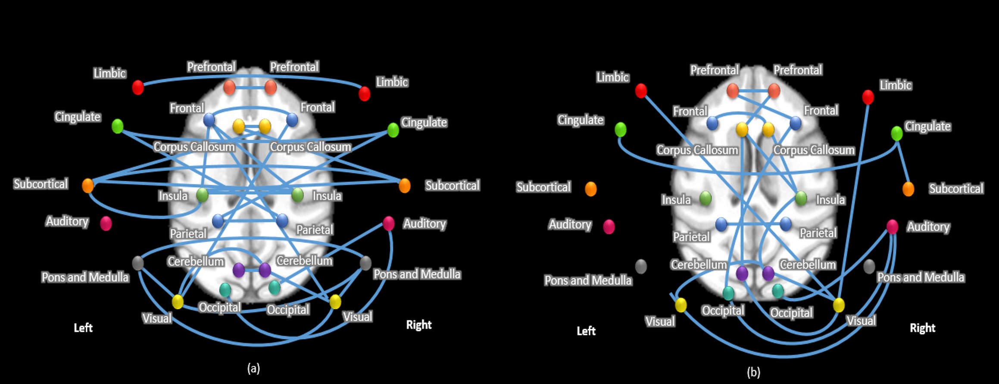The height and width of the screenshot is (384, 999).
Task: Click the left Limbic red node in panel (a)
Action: coord(138,87)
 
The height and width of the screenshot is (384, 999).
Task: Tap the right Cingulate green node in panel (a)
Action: coord(393,130)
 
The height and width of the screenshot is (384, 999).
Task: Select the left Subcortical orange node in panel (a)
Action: coord(88,186)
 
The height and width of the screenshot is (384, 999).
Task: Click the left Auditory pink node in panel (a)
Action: coord(106,223)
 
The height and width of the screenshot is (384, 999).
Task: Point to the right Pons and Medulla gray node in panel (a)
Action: coord(365,263)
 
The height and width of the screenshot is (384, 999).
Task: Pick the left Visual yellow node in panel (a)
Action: coord(178,302)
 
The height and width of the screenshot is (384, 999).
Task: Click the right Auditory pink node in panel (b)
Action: coord(892,227)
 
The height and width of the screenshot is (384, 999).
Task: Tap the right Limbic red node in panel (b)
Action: coord(868,97)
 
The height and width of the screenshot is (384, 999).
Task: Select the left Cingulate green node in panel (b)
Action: coord(620,129)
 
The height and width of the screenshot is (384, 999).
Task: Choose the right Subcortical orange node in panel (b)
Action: coord(908,189)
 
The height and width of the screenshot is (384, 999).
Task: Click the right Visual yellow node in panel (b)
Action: coord(839,305)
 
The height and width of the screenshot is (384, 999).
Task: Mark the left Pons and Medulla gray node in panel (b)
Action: coord(641,266)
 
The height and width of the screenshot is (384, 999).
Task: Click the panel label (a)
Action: coord(253,368)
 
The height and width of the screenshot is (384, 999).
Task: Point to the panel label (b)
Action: coord(753,371)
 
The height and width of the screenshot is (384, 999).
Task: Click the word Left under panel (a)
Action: coord(83,328)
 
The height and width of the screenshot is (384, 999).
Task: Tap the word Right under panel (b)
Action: coord(922,328)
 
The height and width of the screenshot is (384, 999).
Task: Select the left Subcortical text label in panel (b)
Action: coord(543,187)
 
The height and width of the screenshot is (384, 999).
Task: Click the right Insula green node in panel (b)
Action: coord(801,198)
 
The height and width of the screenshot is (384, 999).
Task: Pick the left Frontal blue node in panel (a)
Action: coord(209,120)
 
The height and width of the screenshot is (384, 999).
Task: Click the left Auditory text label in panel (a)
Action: coord(67,221)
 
